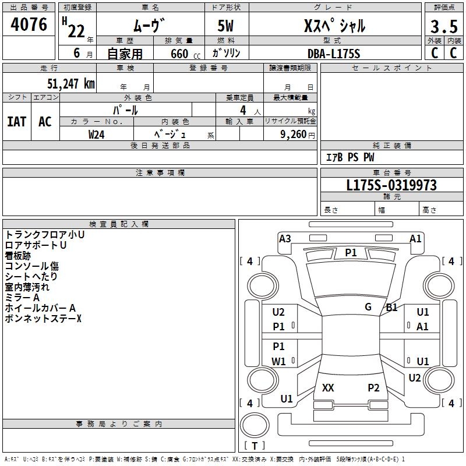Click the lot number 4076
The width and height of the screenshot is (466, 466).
(x=29, y=24)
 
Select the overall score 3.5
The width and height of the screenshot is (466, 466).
(x=444, y=26)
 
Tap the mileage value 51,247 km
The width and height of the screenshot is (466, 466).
(x=71, y=84)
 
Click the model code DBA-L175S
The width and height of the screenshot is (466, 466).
(x=334, y=54)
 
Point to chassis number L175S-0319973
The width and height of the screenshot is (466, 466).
(x=391, y=185)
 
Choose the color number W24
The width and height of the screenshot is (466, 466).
(x=97, y=135)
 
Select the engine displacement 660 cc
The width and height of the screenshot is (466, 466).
(x=185, y=54)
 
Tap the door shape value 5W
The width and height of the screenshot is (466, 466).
(x=225, y=26)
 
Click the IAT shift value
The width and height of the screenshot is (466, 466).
(x=17, y=122)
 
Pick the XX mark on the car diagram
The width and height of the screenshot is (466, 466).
(x=328, y=387)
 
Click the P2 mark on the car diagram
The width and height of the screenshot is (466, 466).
(x=373, y=387)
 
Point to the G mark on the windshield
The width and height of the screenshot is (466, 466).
(x=368, y=306)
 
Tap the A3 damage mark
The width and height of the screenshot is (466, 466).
(x=285, y=239)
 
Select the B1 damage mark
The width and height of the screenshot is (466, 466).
(x=391, y=308)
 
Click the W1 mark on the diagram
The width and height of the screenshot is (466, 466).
(x=278, y=361)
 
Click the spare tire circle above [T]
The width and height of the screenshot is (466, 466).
(x=255, y=425)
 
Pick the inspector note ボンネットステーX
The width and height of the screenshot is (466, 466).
(x=43, y=319)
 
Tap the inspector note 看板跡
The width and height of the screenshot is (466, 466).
(x=18, y=256)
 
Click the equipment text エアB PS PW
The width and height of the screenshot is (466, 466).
(x=350, y=157)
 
